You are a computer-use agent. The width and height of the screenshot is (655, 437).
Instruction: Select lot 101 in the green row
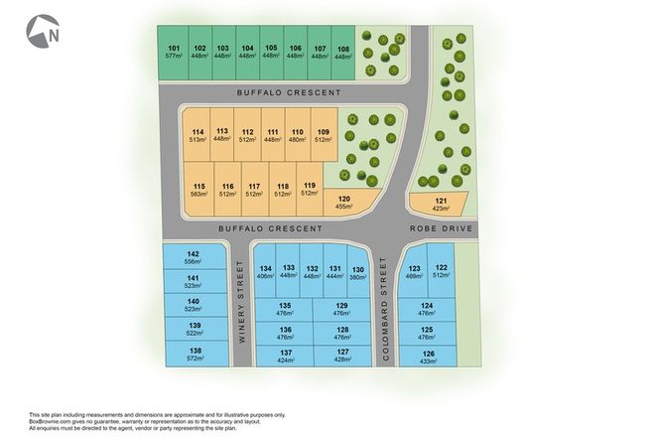click(x=174, y=52)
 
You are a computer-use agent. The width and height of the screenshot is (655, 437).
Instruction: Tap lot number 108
click(x=343, y=52)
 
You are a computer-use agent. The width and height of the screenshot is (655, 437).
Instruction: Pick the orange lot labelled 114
click(x=197, y=136)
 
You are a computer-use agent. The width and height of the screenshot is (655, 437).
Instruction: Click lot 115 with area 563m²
click(x=198, y=190)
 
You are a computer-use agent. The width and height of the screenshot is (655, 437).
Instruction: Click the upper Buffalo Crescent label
click(x=289, y=91)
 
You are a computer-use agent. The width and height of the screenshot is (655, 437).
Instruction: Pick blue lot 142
click(x=194, y=258)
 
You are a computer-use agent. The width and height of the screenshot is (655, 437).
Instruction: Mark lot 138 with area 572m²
click(x=195, y=354)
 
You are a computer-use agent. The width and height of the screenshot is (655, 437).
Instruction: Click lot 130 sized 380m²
click(x=358, y=273)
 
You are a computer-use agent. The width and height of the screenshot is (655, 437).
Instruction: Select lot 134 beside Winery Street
click(x=265, y=273)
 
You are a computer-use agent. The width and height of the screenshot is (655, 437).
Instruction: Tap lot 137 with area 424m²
click(x=285, y=356)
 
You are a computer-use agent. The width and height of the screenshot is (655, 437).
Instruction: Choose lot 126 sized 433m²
click(x=428, y=356)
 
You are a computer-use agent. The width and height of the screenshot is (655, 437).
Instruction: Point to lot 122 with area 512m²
click(x=441, y=272)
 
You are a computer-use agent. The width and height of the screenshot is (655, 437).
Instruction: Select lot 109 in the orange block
click(x=322, y=136)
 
